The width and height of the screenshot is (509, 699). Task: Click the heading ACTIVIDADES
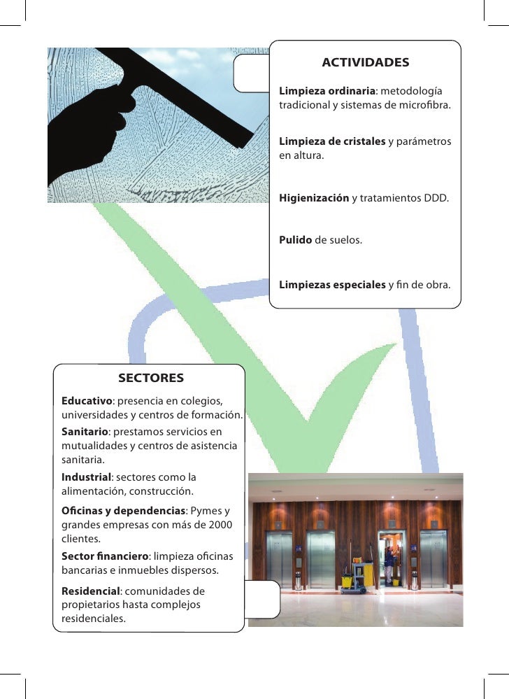[x=365, y=63]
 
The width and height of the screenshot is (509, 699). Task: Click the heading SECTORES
[x=151, y=379]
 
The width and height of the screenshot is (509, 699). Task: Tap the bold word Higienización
[x=314, y=199]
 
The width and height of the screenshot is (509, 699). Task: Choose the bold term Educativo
[x=87, y=401]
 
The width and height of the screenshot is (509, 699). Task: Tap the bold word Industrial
[x=86, y=477]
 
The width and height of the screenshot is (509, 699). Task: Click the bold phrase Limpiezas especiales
[x=332, y=285]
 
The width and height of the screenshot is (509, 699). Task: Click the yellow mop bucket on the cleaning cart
[x=347, y=580]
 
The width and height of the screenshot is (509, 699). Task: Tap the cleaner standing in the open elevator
[x=389, y=562]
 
